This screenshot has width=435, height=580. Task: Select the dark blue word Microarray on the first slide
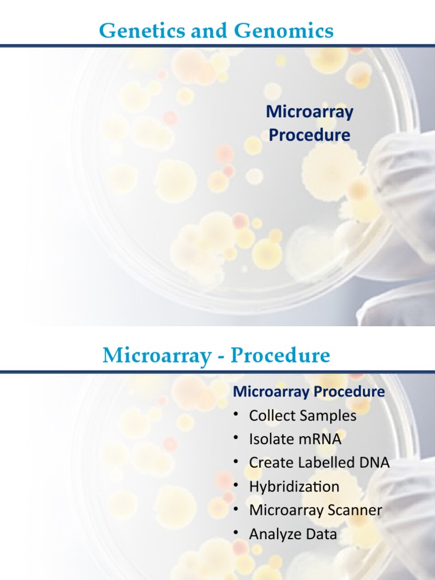pyautogui.click(x=309, y=112)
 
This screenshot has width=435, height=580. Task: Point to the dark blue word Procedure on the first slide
pyautogui.click(x=309, y=135)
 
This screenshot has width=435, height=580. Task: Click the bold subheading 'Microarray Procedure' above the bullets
pyautogui.click(x=309, y=391)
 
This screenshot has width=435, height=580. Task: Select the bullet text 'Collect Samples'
pyautogui.click(x=302, y=416)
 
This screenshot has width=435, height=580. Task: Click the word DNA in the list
pyautogui.click(x=376, y=463)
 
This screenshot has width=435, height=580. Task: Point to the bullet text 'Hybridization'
pyautogui.click(x=294, y=487)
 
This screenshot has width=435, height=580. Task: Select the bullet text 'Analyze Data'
pyautogui.click(x=293, y=534)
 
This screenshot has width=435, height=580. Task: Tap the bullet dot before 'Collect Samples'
pyautogui.click(x=236, y=416)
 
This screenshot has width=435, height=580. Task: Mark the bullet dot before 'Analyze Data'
pyautogui.click(x=236, y=535)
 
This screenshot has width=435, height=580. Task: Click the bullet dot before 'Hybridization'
pyautogui.click(x=236, y=487)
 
